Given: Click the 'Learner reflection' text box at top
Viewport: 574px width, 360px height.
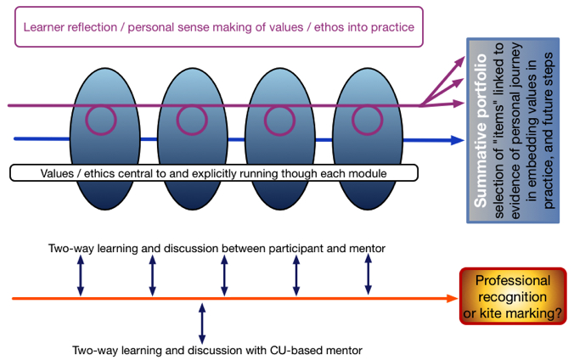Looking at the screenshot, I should tap(219, 27).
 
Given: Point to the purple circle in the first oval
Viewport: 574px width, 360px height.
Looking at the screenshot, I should tap(105, 120).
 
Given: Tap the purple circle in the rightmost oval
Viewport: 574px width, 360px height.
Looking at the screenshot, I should tap(365, 120).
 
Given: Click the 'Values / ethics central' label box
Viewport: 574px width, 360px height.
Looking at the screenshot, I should tap(214, 173).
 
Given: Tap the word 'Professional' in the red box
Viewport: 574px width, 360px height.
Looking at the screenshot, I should tap(512, 281).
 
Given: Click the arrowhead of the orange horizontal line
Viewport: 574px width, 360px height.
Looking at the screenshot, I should tap(453, 299).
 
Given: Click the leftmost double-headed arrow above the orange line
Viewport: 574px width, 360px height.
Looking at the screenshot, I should tap(81, 275).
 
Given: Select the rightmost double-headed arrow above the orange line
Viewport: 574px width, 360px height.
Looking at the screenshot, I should tap(368, 275).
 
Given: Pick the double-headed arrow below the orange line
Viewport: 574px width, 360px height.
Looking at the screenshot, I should tap(201, 323).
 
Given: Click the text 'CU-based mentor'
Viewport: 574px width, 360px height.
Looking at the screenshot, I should tap(319, 350).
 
